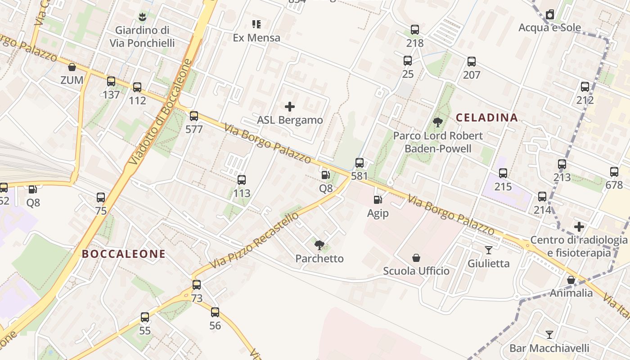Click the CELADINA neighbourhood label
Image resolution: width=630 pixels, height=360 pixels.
[x=487, y=118]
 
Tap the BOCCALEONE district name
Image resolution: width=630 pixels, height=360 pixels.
[x=124, y=254]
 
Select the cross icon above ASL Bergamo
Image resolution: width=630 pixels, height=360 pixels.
[x=290, y=107]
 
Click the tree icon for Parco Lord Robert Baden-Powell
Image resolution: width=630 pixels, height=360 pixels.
[x=437, y=122]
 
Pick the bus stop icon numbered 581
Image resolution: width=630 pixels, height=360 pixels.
[x=360, y=163]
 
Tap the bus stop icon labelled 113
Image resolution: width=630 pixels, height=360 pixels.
[x=242, y=180]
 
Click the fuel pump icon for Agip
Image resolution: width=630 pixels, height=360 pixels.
[x=378, y=199]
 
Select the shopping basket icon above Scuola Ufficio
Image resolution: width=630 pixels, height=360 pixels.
[x=416, y=258]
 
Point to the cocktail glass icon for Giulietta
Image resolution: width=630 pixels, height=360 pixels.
[x=489, y=250]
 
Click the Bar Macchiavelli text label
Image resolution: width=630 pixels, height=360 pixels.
[x=549, y=348]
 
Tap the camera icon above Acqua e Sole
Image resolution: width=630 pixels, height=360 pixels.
[x=549, y=15]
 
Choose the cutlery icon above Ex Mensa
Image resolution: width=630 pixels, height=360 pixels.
[x=256, y=24]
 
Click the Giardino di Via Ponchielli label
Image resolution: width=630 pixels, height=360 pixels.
[x=142, y=36]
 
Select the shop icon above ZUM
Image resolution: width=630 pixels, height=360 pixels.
[x=72, y=67]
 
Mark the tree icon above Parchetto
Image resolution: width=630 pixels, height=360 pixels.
[x=319, y=245]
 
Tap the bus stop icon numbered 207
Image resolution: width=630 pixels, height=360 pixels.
[x=472, y=62]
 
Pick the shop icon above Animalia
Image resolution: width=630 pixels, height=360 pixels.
[x=571, y=280]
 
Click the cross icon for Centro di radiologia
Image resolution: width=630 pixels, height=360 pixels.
[x=579, y=226]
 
